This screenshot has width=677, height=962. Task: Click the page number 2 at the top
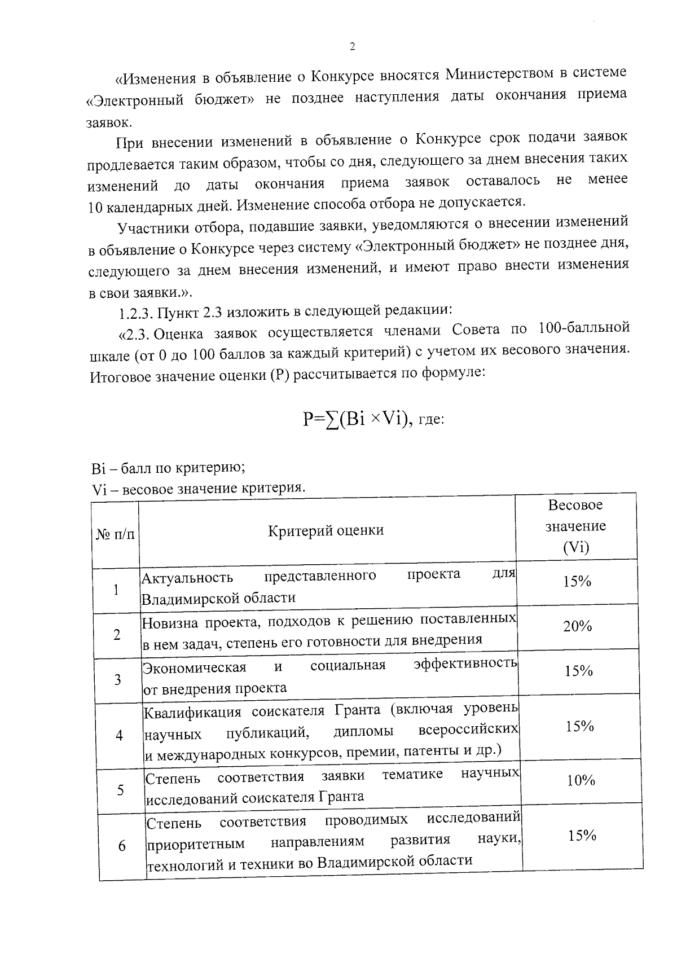[x=353, y=47]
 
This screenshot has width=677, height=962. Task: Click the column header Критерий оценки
[x=326, y=530]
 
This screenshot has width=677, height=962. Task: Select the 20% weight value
[x=577, y=626]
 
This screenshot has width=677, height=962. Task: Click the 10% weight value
[x=581, y=780]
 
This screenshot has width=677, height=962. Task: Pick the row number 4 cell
[x=119, y=736]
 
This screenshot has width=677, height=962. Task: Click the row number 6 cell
[x=122, y=846]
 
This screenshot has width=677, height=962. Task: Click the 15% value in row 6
[x=582, y=836]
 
